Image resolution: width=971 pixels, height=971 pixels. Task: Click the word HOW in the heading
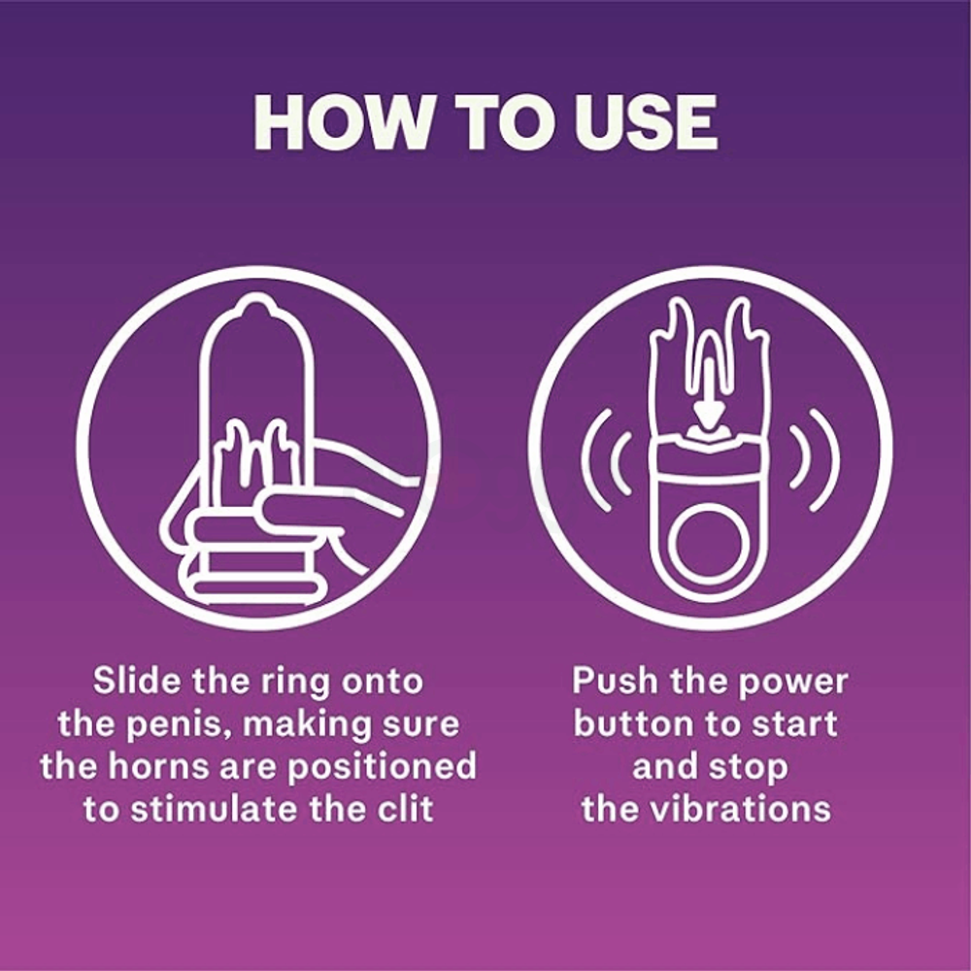340,123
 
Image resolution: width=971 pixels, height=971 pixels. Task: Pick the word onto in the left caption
382,682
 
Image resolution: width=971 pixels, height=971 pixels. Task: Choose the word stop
749,768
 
